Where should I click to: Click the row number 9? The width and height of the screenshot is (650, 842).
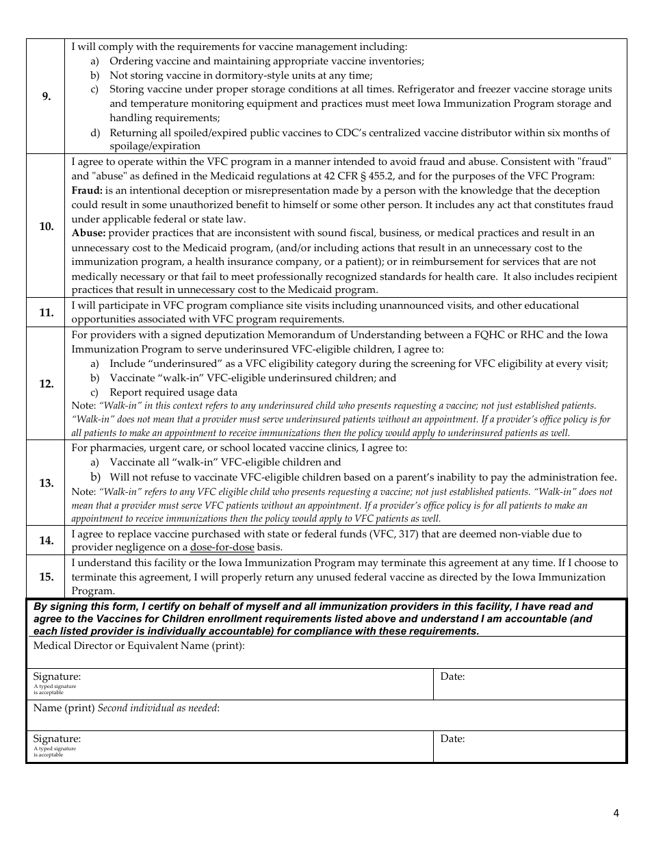(46, 97)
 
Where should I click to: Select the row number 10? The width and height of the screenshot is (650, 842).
(46, 227)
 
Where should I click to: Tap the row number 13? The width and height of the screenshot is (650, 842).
(46, 483)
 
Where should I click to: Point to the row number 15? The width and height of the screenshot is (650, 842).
(46, 577)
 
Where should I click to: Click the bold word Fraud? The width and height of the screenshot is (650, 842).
(87, 190)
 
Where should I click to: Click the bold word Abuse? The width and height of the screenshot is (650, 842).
(88, 233)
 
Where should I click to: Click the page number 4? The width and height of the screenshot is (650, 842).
(616, 814)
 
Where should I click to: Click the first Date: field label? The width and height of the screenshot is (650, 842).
(452, 677)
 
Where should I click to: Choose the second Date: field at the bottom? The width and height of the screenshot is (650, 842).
(452, 739)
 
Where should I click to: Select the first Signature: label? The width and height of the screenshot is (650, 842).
(57, 677)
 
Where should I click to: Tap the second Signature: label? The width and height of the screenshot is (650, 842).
(57, 739)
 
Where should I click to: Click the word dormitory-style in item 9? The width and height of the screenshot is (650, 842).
(240, 75)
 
